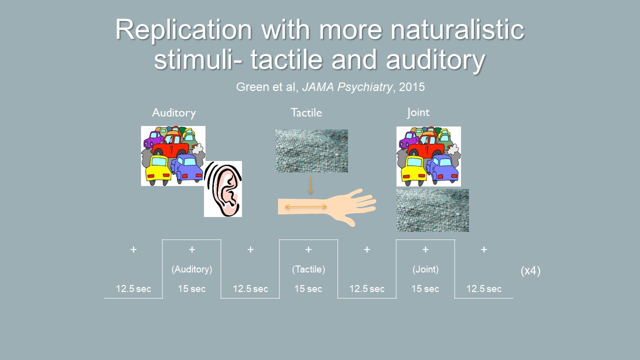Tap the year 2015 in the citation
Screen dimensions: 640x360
tap(411, 87)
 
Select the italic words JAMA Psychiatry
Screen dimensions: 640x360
tap(347, 87)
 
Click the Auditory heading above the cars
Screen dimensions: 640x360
tap(174, 112)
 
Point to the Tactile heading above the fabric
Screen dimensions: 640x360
tap(306, 112)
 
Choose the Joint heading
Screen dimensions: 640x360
tap(418, 112)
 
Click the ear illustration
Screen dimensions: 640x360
tap(223, 189)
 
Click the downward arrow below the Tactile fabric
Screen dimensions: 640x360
tap(311, 185)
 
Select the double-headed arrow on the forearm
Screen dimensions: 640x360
tap(306, 206)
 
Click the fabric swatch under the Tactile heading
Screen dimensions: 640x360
tap(311, 151)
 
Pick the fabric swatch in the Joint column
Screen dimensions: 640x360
tap(432, 210)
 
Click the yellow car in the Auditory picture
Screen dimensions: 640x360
tap(158, 169)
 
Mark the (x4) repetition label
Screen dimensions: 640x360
tap(530, 270)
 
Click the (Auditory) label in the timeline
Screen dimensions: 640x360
tap(191, 269)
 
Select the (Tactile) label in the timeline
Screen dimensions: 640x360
tap(308, 269)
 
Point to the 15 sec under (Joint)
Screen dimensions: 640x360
tap(425, 289)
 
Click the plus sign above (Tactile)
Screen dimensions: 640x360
tap(308, 249)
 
